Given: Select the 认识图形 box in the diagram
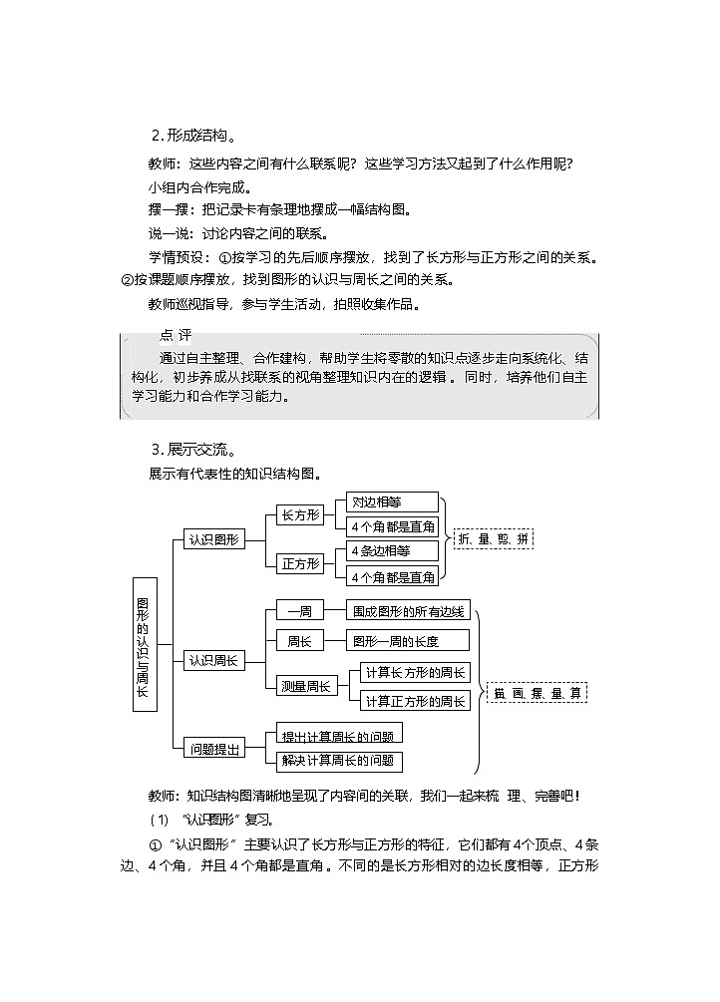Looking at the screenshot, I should click(x=213, y=539).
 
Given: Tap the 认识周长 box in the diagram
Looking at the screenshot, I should click(x=213, y=660).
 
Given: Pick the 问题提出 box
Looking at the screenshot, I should click(x=213, y=748).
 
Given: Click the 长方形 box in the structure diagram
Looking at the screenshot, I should click(x=301, y=514).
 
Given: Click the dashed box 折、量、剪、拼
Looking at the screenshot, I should click(x=494, y=539).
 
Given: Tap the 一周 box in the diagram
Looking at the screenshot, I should click(x=301, y=612).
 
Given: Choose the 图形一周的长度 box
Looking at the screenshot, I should click(x=407, y=640).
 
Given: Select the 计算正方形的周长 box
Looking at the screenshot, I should click(x=415, y=701).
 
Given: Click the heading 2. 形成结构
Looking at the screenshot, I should click(x=193, y=137).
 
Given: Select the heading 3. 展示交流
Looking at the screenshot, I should click(x=193, y=450).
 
